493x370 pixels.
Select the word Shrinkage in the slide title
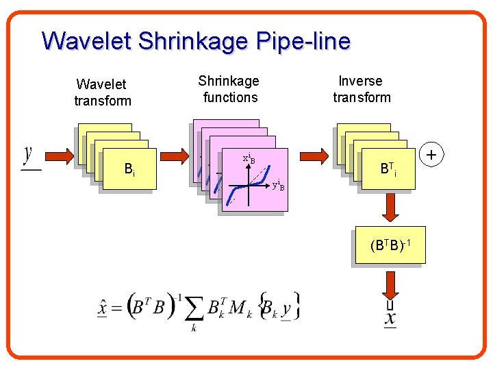(193, 41)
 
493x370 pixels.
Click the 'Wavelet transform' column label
(102, 92)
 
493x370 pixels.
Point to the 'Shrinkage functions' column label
(229, 89)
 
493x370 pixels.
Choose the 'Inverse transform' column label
(362, 89)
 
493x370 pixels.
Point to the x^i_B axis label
(249, 159)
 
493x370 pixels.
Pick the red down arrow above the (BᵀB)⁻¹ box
(391, 207)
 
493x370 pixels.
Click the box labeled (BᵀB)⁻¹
(390, 245)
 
